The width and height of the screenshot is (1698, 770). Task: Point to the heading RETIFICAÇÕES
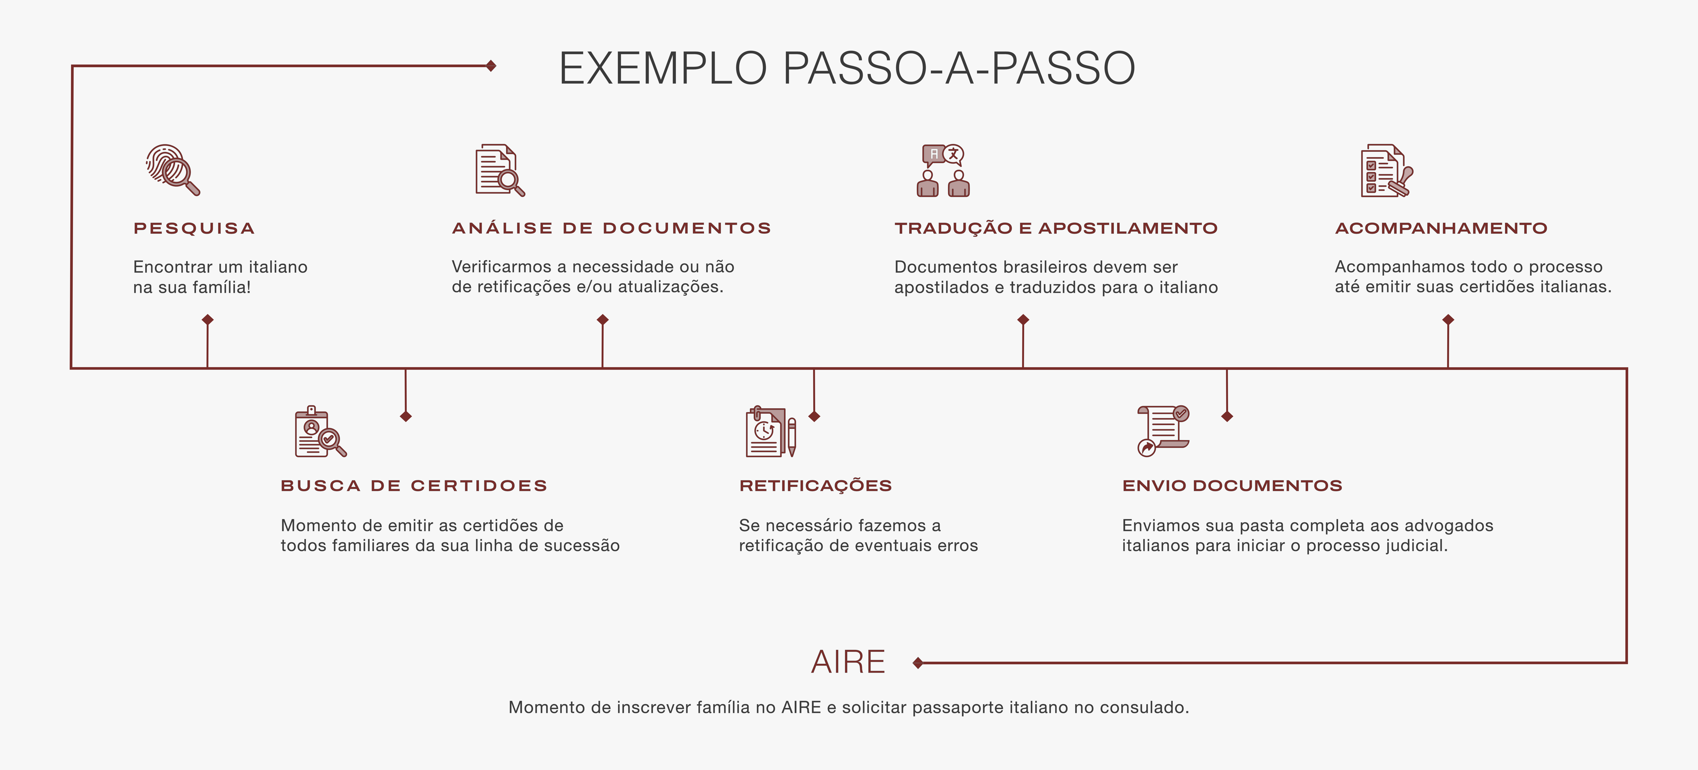pos(815,486)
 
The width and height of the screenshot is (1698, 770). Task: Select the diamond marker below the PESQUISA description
pos(208,320)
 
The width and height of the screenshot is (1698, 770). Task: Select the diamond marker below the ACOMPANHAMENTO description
pos(1448,320)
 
